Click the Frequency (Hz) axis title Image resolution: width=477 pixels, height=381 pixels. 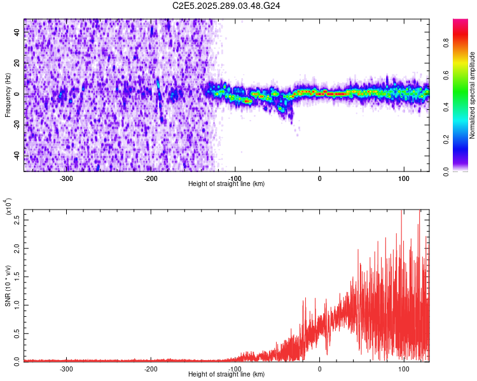click(8, 95)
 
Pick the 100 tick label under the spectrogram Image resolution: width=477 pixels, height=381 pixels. click(404, 178)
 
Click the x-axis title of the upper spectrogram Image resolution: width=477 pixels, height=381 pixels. click(226, 184)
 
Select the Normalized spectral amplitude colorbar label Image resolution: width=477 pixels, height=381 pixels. click(473, 95)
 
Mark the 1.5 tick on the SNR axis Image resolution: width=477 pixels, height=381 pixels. click(17, 277)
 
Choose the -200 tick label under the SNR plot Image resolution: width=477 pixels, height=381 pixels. click(151, 368)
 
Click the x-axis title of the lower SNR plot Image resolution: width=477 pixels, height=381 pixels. click(226, 375)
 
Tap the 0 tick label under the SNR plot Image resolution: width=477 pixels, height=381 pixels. click(319, 368)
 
